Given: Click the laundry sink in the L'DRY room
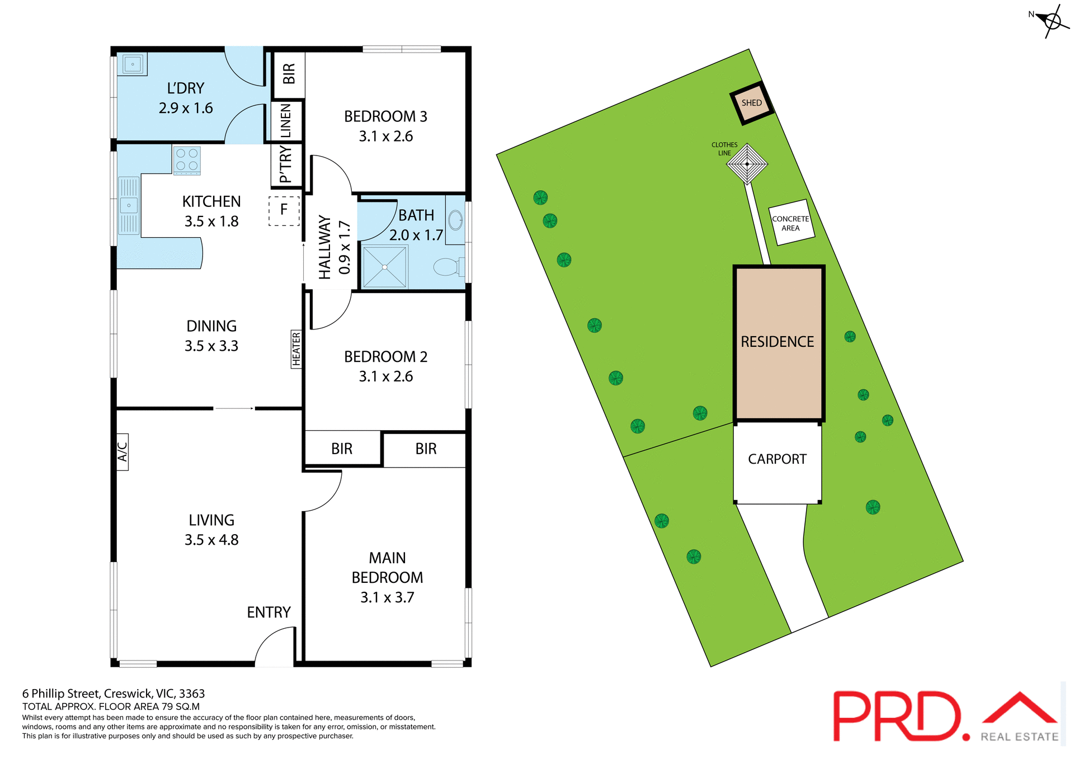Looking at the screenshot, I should pyautogui.click(x=133, y=64).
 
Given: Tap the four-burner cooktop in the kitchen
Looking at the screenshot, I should pyautogui.click(x=187, y=159).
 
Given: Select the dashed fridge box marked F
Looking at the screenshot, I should pyautogui.click(x=284, y=210).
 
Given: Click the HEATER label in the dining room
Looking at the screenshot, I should pyautogui.click(x=296, y=349).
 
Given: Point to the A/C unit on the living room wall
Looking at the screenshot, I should pyautogui.click(x=123, y=452).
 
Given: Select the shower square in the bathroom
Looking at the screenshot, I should pyautogui.click(x=385, y=267).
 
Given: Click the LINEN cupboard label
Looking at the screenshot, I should pyautogui.click(x=286, y=121).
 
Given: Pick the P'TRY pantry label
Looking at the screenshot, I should pyautogui.click(x=286, y=164).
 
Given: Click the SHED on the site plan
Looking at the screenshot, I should pyautogui.click(x=752, y=103).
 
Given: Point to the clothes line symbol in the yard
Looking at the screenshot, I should pyautogui.click(x=747, y=164).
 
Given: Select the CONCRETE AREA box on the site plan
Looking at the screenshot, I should pyautogui.click(x=791, y=223).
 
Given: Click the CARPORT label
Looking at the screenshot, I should pyautogui.click(x=777, y=459).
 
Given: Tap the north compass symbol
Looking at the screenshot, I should pyautogui.click(x=1052, y=21).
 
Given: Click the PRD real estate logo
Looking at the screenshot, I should pyautogui.click(x=945, y=716).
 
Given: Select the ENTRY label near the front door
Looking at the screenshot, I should pyautogui.click(x=268, y=612).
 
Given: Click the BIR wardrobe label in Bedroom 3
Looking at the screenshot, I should pyautogui.click(x=289, y=74).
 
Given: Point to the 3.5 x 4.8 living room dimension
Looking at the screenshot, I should pyautogui.click(x=211, y=540).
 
